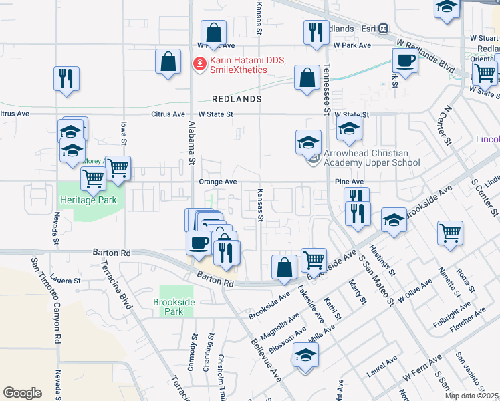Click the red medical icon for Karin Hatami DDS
(199, 64)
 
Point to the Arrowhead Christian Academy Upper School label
(371, 158)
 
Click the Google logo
(22, 393)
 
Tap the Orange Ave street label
(217, 182)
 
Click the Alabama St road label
(192, 142)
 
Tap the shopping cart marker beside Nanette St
(451, 233)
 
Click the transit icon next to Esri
(384, 29)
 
